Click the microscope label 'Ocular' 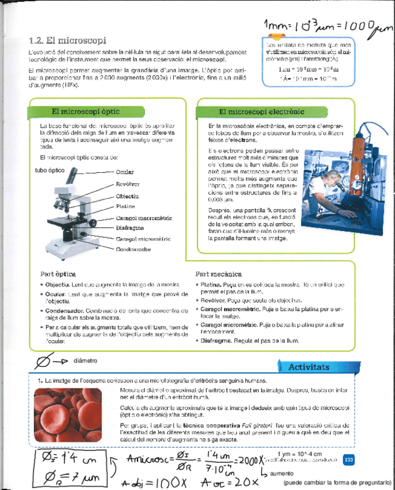125,172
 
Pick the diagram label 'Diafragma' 130,228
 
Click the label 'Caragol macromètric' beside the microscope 143,217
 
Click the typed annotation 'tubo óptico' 49,170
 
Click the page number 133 348,459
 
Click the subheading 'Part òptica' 58,274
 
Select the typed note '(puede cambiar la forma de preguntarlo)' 337,483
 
